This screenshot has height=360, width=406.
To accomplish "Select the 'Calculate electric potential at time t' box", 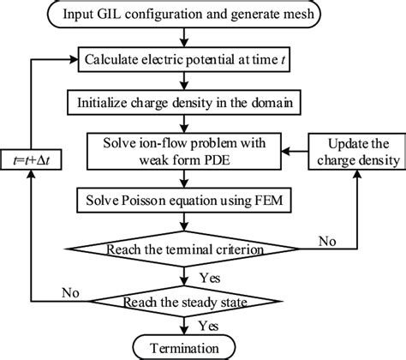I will [184, 60].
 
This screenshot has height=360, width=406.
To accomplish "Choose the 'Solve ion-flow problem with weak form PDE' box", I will [184, 147].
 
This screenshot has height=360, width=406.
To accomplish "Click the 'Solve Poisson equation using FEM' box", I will [184, 200].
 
